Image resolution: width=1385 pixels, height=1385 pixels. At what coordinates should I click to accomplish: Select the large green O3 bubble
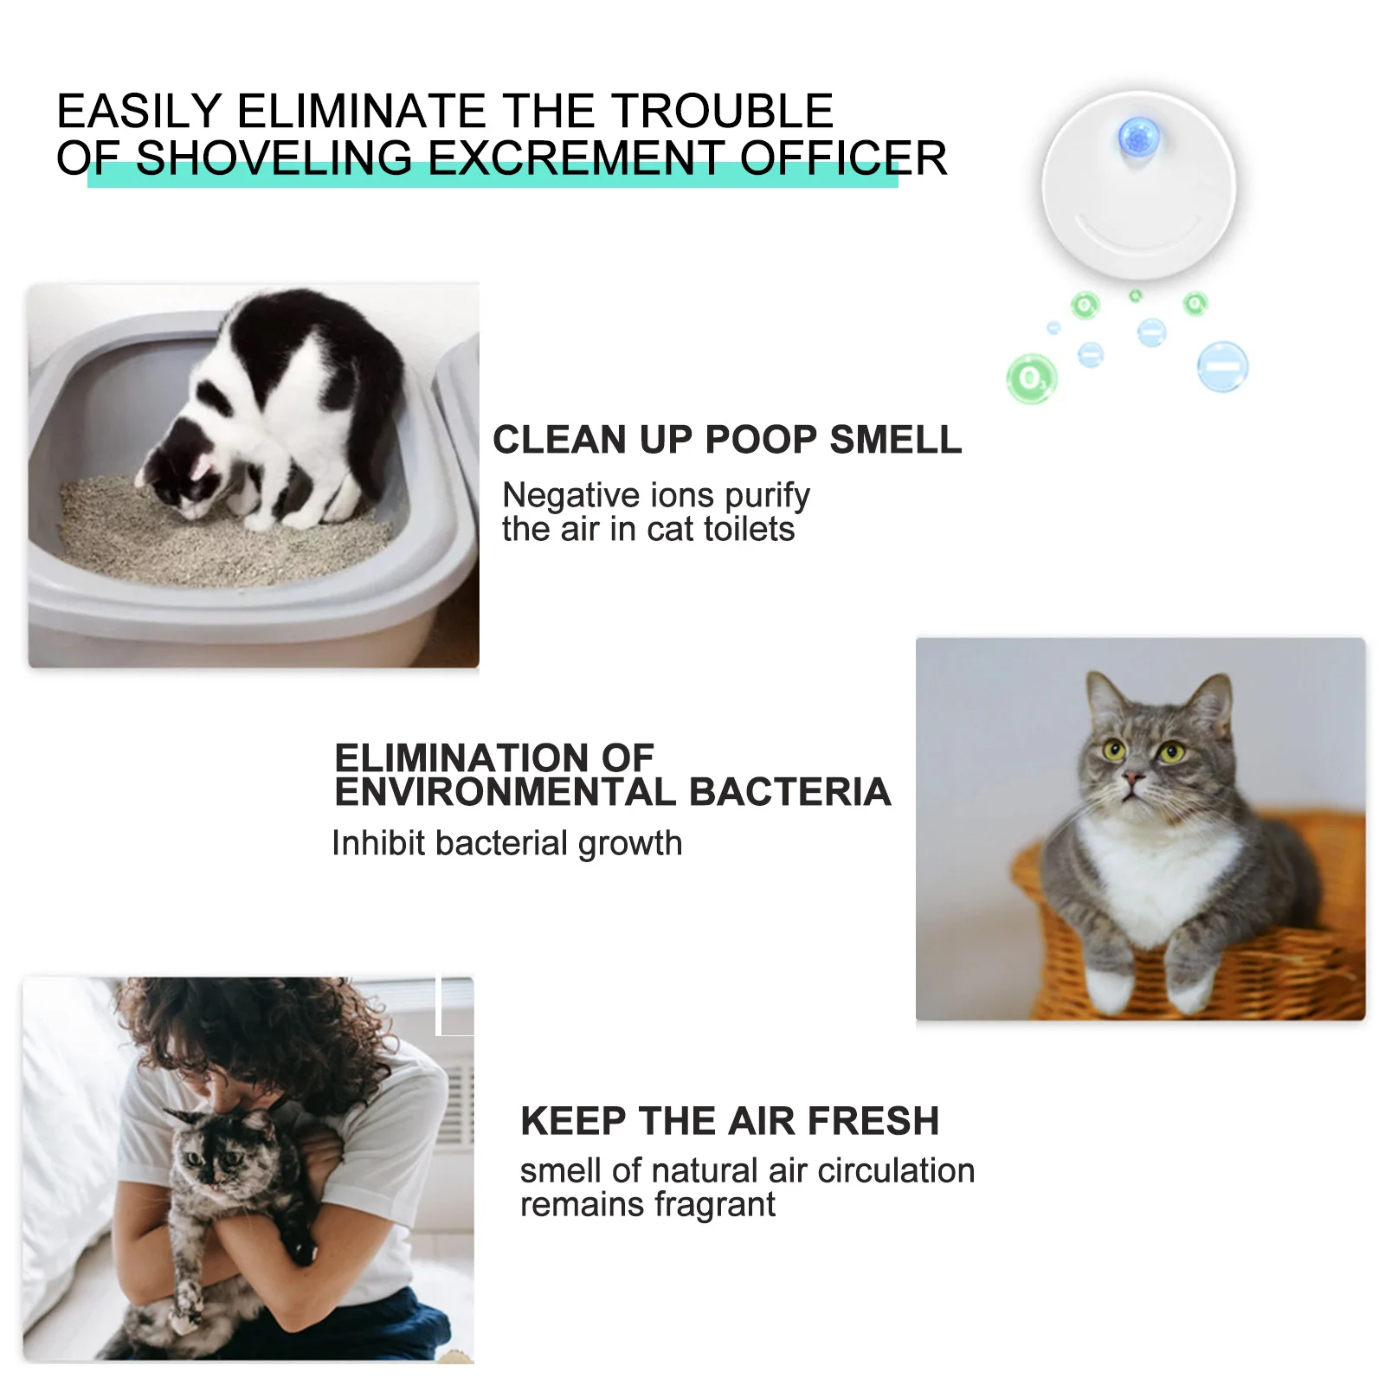[1032, 378]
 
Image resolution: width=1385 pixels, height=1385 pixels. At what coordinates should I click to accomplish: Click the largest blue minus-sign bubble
[1222, 366]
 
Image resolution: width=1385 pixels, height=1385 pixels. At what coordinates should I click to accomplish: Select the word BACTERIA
[789, 792]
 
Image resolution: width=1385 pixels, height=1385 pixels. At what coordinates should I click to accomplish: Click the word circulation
[896, 1170]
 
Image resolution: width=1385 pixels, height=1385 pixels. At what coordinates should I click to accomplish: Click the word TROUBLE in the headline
[722, 111]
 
